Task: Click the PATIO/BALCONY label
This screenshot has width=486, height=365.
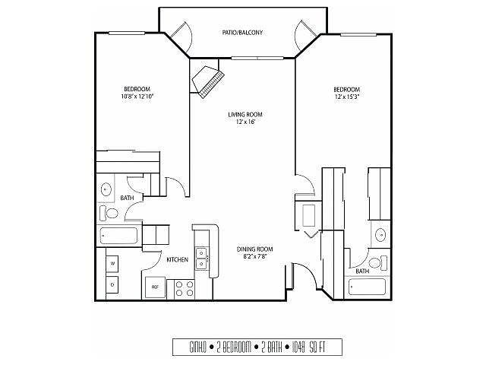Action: click(242, 32)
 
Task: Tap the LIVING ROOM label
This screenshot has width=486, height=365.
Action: click(245, 115)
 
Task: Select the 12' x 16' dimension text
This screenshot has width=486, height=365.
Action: click(245, 122)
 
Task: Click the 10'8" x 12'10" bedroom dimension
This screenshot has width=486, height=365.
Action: click(137, 97)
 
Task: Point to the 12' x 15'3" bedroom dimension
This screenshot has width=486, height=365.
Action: click(347, 97)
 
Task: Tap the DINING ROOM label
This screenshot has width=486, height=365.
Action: click(255, 249)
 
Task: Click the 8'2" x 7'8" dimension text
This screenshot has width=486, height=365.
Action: click(256, 256)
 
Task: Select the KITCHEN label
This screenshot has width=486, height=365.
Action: click(177, 259)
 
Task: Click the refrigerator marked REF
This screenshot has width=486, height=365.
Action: click(155, 287)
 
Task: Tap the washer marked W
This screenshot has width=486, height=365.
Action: click(112, 264)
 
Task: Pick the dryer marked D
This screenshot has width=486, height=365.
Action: click(112, 284)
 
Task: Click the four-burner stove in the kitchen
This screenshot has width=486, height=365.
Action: click(185, 289)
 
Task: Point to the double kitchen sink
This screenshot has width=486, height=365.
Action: click(202, 259)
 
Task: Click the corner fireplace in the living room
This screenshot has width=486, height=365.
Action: click(208, 81)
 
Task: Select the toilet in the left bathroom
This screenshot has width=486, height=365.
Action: click(109, 213)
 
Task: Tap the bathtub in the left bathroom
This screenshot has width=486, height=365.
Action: click(118, 236)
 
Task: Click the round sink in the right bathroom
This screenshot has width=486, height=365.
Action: click(380, 235)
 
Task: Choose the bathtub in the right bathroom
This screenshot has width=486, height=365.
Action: click(367, 287)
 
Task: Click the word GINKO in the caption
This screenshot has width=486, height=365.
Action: click(197, 348)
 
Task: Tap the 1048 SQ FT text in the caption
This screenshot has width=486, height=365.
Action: click(308, 347)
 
